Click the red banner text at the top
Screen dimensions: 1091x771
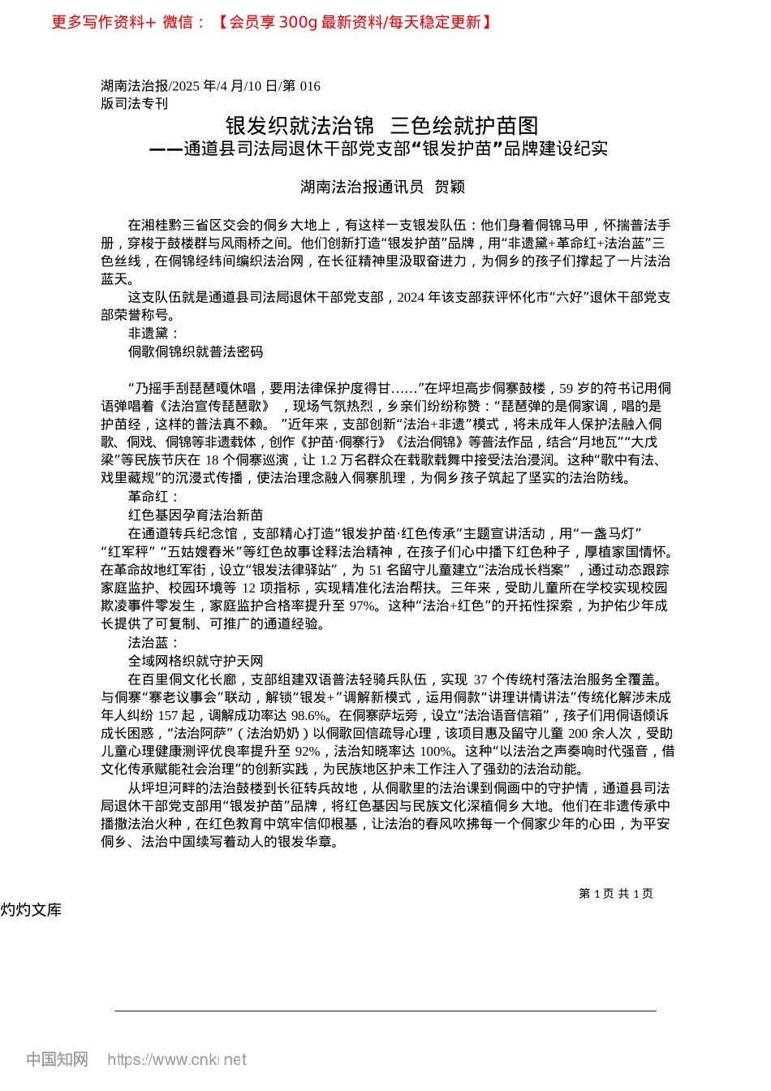coord(272,22)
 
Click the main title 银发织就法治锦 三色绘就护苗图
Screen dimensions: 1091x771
coord(381,126)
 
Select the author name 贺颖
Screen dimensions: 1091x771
coord(450,187)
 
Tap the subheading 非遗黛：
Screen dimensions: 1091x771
coord(153,334)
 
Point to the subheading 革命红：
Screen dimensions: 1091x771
coord(153,497)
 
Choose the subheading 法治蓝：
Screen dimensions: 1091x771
coord(153,643)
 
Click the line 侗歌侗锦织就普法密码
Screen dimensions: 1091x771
coord(196,351)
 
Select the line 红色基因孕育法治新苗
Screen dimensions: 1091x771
coord(196,515)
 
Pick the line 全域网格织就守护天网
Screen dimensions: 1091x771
coord(196,661)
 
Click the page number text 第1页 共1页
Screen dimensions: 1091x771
coord(616,894)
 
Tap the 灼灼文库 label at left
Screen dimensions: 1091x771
coord(31,910)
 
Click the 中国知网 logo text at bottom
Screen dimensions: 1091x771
coord(57,1059)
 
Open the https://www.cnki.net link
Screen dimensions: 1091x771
coord(177,1059)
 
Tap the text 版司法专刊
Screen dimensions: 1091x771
coord(135,103)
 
